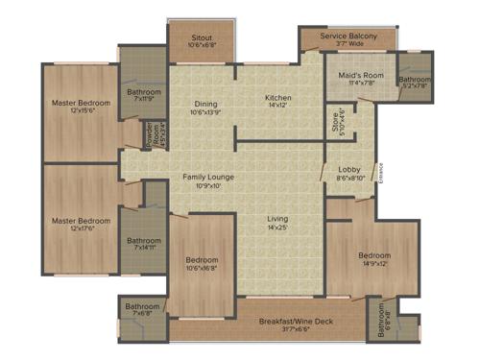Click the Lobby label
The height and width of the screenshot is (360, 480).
[349, 171]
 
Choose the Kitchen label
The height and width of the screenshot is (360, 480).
[278, 97]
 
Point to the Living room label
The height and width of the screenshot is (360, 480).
[277, 220]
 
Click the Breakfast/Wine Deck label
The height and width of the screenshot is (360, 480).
[296, 322]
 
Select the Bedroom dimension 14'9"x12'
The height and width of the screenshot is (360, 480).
[373, 264]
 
